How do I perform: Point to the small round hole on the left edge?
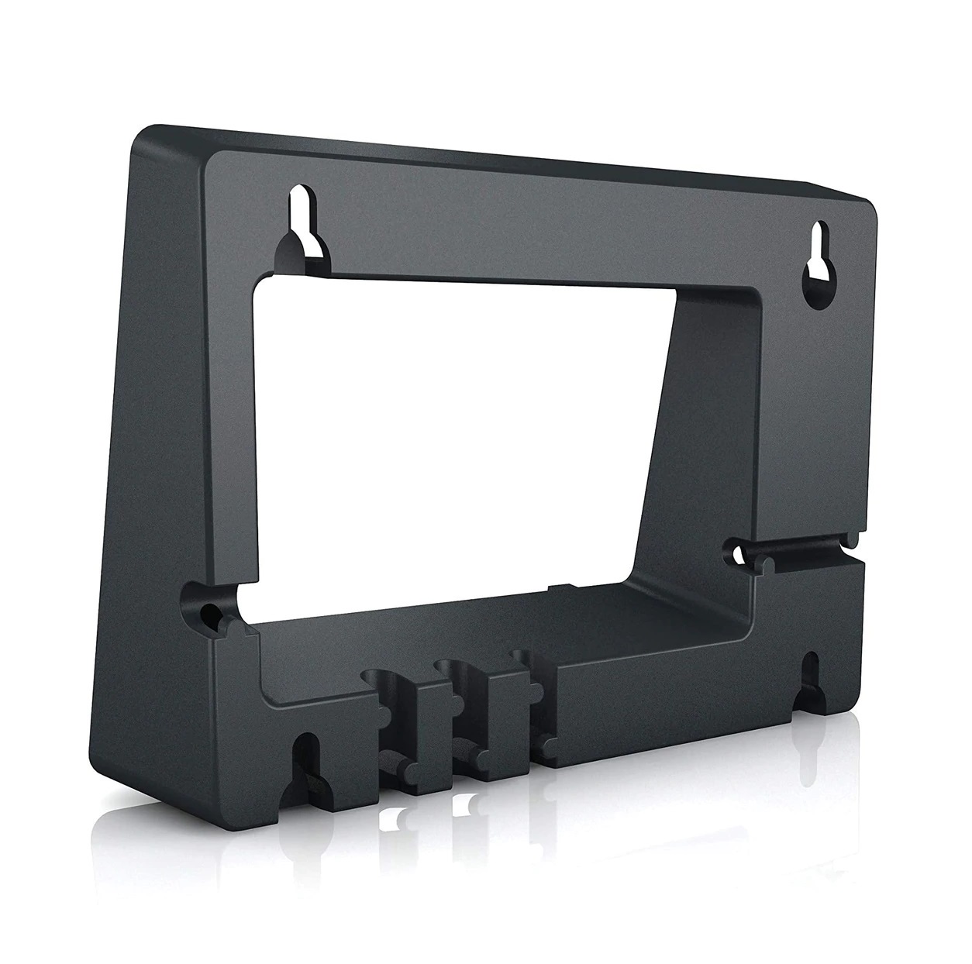pos(208,614)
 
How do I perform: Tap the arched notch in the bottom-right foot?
pos(810,673)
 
